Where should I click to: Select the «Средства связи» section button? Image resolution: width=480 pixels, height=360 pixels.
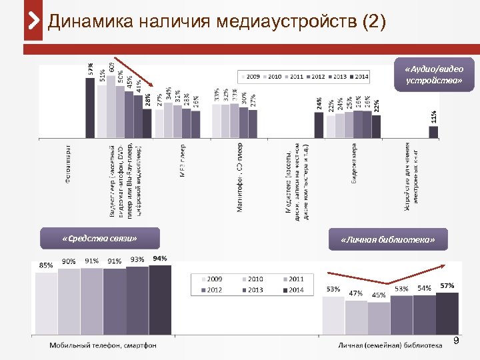click(x=100, y=238)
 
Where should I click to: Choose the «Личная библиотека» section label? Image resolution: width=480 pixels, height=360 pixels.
click(x=387, y=239)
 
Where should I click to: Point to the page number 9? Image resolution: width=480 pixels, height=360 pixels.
click(x=457, y=341)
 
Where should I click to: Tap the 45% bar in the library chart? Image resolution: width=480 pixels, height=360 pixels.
click(x=379, y=317)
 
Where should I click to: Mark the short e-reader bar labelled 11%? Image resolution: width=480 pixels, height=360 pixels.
click(x=433, y=131)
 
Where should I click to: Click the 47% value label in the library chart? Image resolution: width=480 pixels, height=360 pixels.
click(x=356, y=293)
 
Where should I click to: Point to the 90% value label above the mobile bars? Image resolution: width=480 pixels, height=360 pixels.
click(x=69, y=262)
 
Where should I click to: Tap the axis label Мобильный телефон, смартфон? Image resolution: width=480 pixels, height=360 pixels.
click(x=103, y=345)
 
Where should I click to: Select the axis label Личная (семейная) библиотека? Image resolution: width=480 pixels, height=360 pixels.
click(x=390, y=345)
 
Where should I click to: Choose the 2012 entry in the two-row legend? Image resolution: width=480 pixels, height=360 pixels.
click(x=214, y=290)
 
